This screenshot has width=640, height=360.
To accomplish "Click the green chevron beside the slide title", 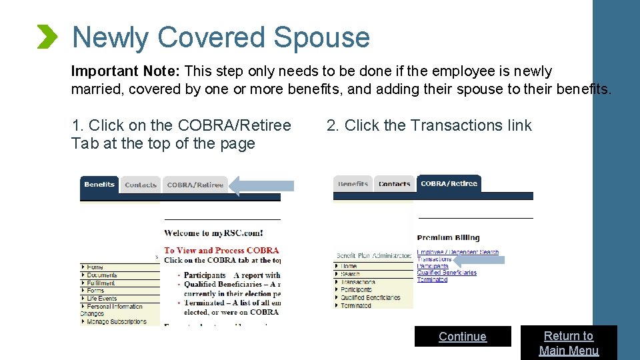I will (x=47, y=37).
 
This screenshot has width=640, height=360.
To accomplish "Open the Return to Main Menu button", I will (x=569, y=343).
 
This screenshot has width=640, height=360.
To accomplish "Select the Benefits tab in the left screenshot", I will (x=99, y=185).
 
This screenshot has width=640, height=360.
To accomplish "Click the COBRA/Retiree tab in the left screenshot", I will (x=195, y=185).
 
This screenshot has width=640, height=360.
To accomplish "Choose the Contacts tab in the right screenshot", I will (x=394, y=184).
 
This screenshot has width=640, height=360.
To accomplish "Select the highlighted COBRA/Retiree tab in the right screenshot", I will (x=449, y=183).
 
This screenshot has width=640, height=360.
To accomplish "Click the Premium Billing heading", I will (x=448, y=237).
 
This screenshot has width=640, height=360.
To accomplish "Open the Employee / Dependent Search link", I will (x=457, y=253).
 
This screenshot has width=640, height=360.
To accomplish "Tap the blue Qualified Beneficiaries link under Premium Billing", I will (x=447, y=273).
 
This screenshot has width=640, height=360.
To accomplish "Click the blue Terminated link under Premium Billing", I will (x=432, y=279).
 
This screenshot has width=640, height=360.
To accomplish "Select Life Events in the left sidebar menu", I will (x=101, y=299).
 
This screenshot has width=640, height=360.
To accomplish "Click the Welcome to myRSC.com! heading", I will (x=213, y=233).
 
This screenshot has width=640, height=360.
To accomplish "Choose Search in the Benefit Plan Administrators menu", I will (x=350, y=274).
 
